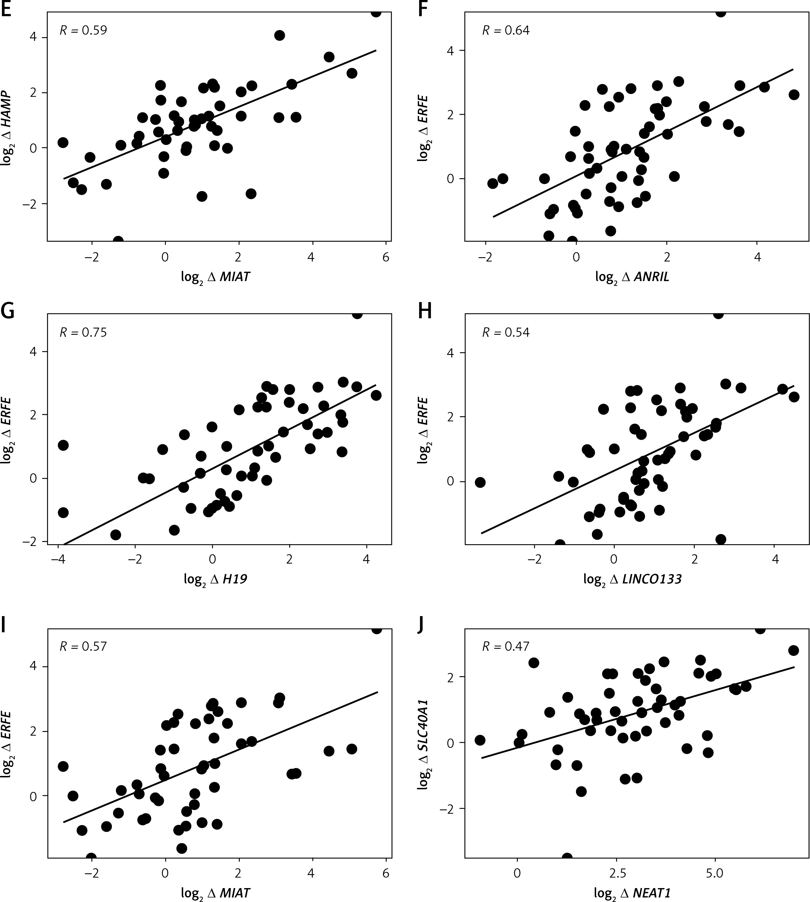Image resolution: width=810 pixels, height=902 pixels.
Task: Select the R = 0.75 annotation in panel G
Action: (83, 333)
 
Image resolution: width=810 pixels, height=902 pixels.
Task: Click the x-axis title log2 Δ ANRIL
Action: (632, 277)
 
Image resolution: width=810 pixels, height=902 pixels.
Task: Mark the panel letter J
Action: (422, 625)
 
